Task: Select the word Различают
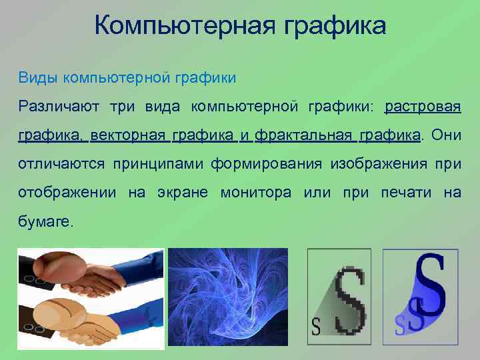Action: [57, 107]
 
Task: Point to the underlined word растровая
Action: [423, 107]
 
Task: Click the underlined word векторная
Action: [127, 136]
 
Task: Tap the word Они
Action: [446, 136]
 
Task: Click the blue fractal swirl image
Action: [227, 297]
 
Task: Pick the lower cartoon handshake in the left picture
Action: [87, 320]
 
